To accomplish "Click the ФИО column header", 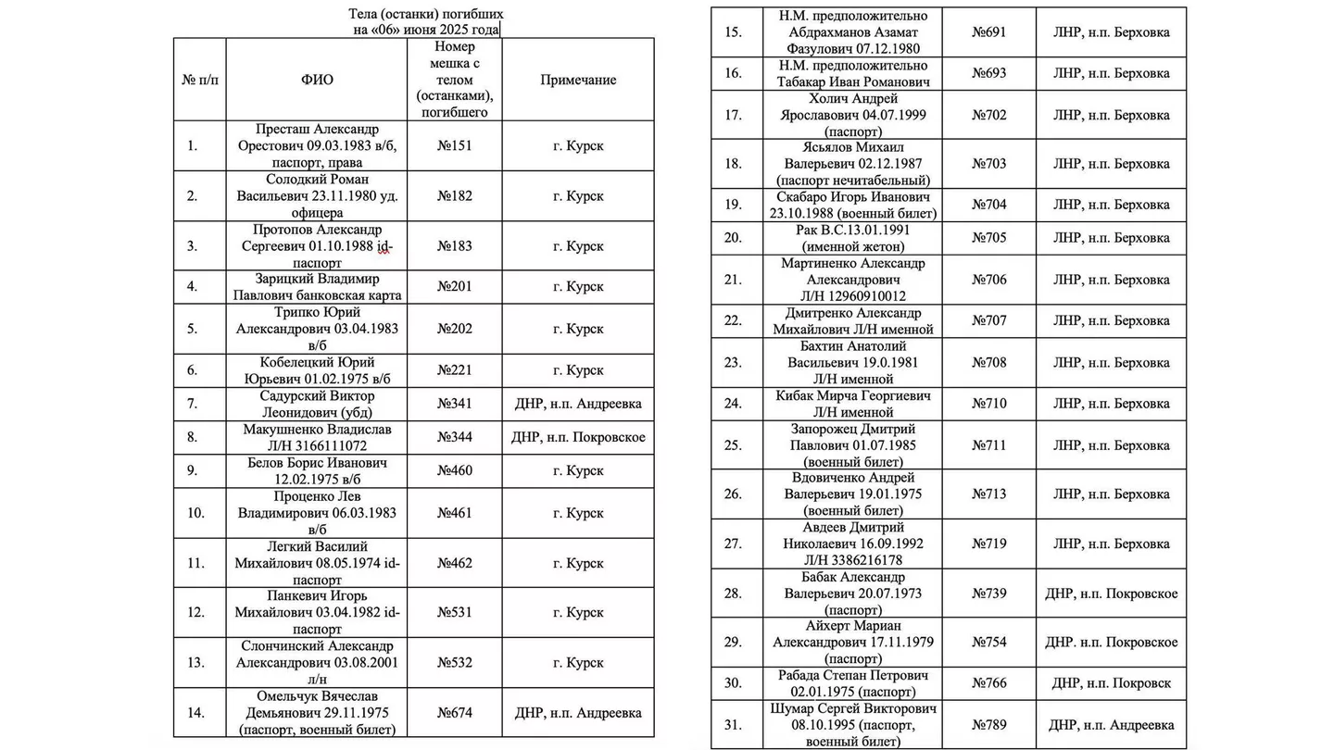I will pos(317,80).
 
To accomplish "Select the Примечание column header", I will pos(578,80).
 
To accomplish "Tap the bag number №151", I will pos(455,144).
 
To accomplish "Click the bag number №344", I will pos(455,437).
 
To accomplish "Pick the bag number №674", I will pos(455,713).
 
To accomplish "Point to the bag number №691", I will pos(989,32).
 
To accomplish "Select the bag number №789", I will pos(989,725).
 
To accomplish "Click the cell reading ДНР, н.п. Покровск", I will pos(1111,683).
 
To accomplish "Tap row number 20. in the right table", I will pos(733,238).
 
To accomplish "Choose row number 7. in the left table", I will pos(193,404).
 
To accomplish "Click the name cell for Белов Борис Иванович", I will pos(317,469).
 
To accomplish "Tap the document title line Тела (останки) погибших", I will pos(426,14).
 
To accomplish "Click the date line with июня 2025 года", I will pos(426,30).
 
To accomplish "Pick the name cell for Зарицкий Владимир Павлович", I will pos(317,286).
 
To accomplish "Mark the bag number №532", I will pos(455,663).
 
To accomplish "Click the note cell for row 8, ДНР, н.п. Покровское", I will pos(578,437).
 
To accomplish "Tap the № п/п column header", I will pos(199,80).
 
